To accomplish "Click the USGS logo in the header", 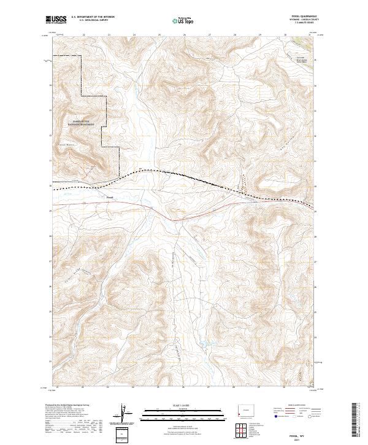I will (56, 19).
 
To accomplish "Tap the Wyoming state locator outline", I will (244, 410).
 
